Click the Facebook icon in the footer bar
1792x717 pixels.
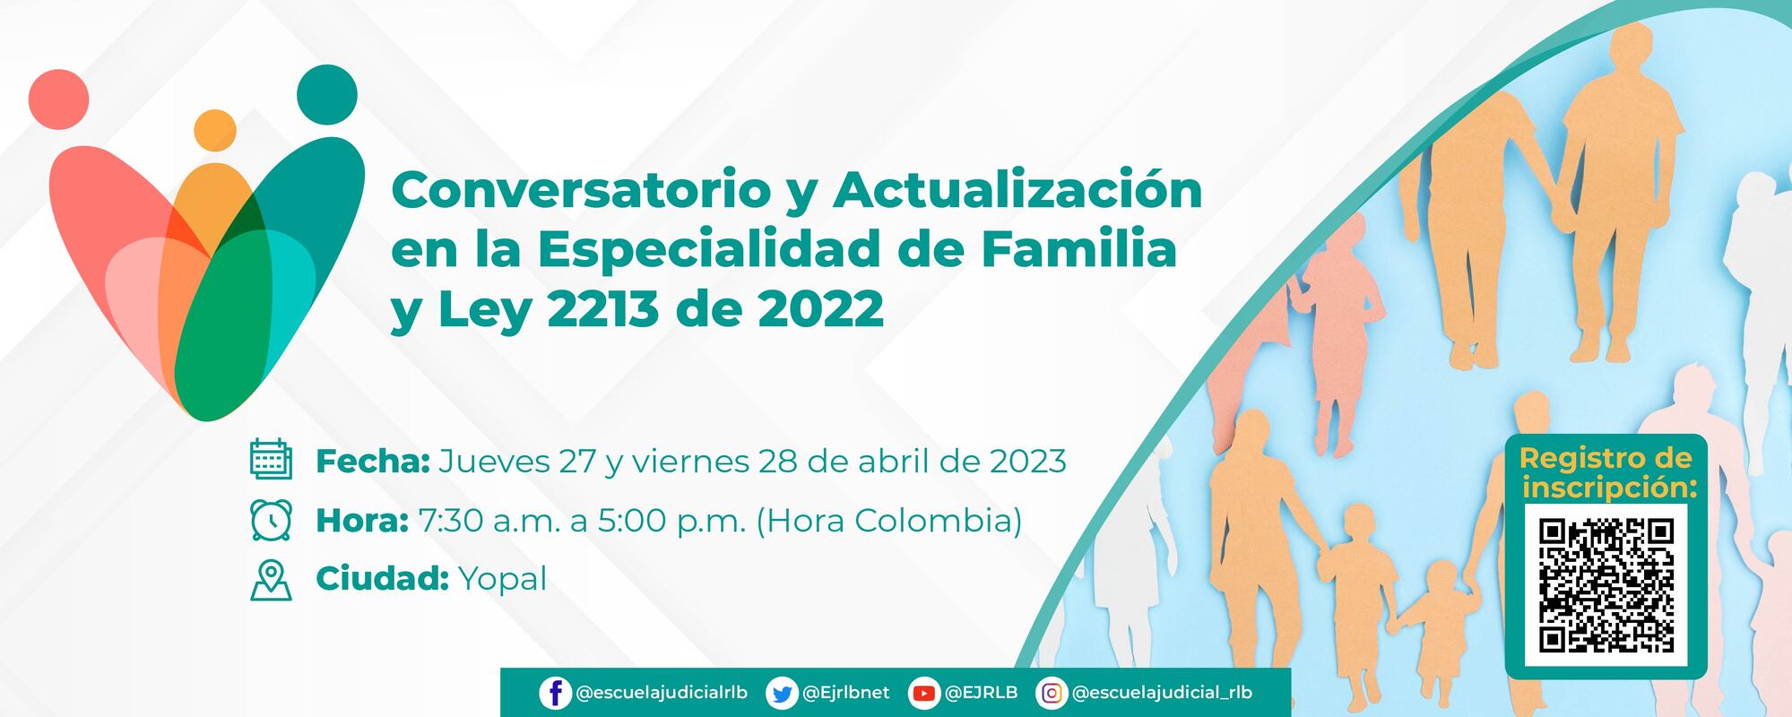click(x=555, y=693)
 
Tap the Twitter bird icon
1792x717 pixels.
click(x=782, y=693)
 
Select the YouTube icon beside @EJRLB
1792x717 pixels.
click(x=923, y=693)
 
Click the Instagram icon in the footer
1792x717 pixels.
click(x=1052, y=693)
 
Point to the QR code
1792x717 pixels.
click(x=1606, y=585)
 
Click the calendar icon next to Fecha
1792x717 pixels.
click(x=271, y=460)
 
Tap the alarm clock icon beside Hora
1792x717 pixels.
click(x=271, y=520)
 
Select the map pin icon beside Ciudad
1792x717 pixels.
click(x=271, y=580)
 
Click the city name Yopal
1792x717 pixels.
click(x=502, y=580)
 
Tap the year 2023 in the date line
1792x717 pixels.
click(x=1027, y=461)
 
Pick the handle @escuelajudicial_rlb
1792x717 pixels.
click(x=1162, y=693)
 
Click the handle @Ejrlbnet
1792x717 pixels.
click(x=845, y=693)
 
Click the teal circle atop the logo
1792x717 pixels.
click(x=327, y=94)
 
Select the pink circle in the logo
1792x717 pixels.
click(x=59, y=98)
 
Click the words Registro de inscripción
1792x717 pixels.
click(x=1606, y=472)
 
